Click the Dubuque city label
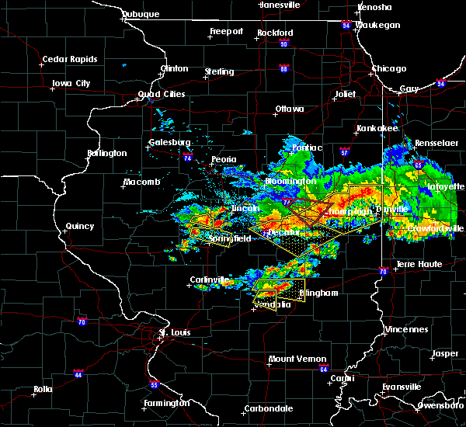click(141, 14)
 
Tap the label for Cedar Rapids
click(70, 59)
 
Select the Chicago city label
click(388, 68)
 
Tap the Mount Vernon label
click(293, 359)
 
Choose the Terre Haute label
click(419, 264)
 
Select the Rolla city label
click(43, 389)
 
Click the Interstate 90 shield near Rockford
click(284, 44)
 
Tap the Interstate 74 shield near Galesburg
click(187, 158)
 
